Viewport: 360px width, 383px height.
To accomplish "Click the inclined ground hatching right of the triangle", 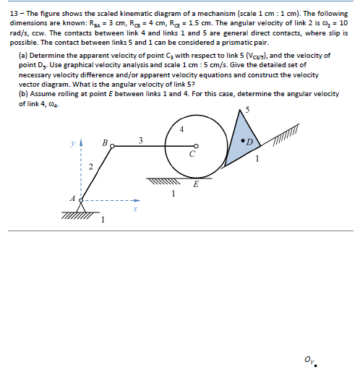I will pyautogui.click(x=286, y=130).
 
